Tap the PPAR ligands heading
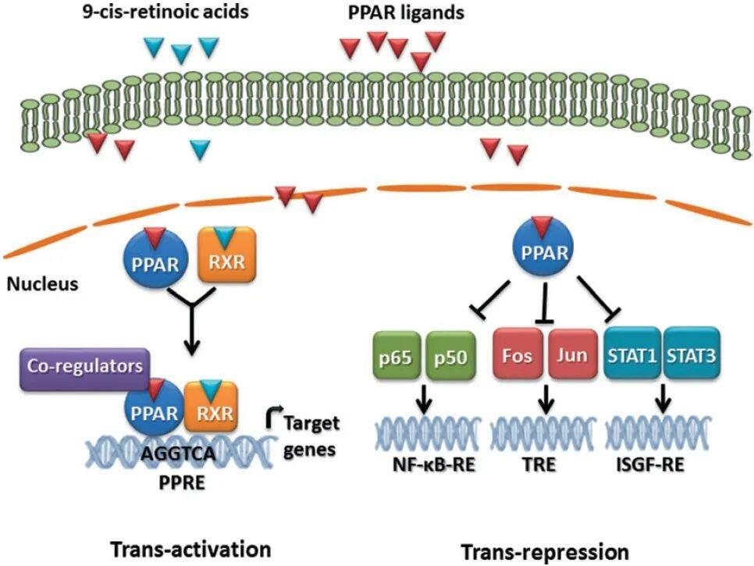tap(394, 13)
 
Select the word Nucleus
tap(43, 283)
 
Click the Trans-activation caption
tap(190, 548)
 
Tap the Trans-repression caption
tap(544, 551)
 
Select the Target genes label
tap(313, 436)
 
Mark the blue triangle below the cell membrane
tap(201, 147)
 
